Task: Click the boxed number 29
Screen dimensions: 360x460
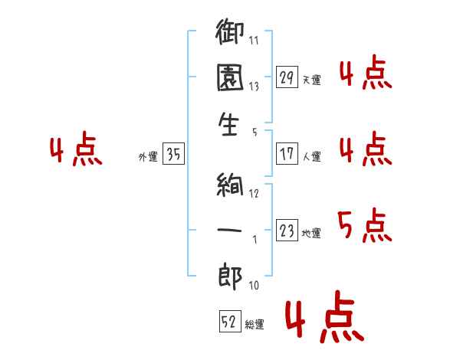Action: click(287, 77)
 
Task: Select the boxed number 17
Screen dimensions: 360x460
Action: click(287, 154)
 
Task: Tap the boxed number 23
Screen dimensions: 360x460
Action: click(287, 231)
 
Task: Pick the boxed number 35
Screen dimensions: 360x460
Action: click(173, 155)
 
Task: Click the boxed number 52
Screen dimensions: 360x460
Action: click(229, 322)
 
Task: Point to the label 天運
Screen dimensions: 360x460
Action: click(311, 80)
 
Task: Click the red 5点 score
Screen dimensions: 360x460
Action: click(364, 226)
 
